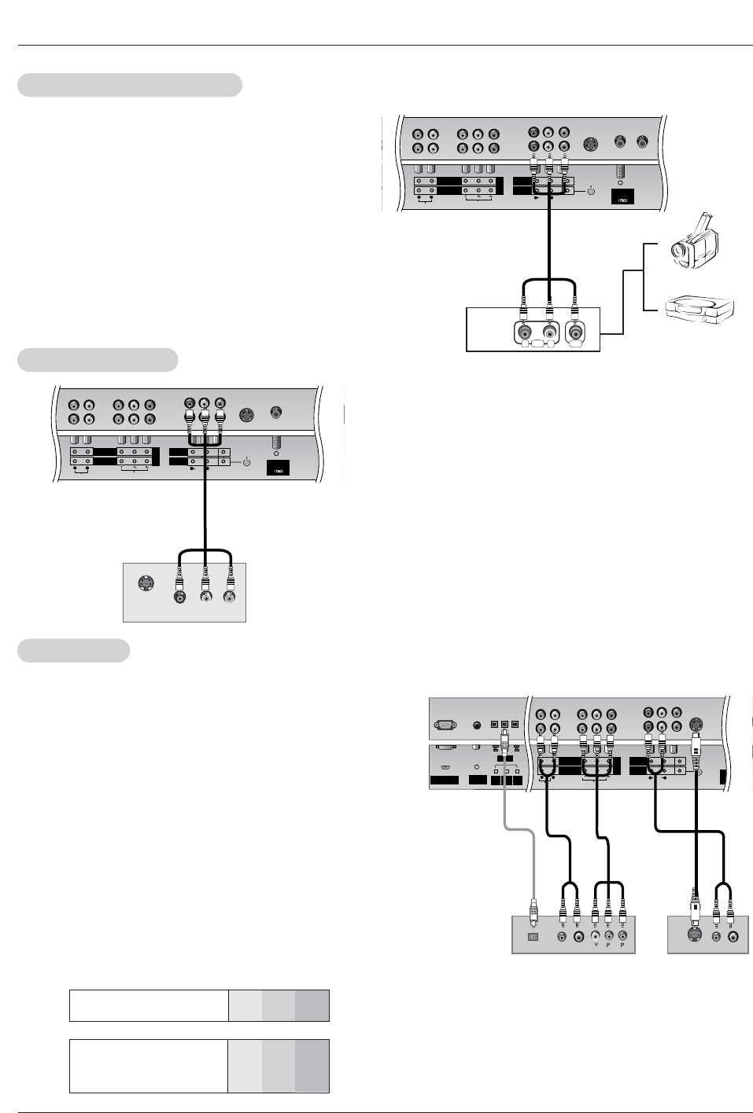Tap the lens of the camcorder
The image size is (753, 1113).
[677, 252]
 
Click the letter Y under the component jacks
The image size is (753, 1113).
[596, 946]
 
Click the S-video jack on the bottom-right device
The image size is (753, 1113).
[693, 935]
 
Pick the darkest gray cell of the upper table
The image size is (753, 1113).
[312, 1005]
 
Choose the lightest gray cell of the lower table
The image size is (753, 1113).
[245, 1066]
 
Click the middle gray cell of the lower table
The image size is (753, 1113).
[279, 1066]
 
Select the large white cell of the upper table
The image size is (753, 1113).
[149, 1005]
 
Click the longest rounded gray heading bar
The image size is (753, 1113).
[129, 85]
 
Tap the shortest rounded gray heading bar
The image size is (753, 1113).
[73, 651]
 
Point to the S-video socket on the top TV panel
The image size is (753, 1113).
[591, 143]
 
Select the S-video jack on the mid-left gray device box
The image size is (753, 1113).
[145, 583]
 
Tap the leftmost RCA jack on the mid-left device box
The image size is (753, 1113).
[180, 597]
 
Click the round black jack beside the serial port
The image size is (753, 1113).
[476, 725]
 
